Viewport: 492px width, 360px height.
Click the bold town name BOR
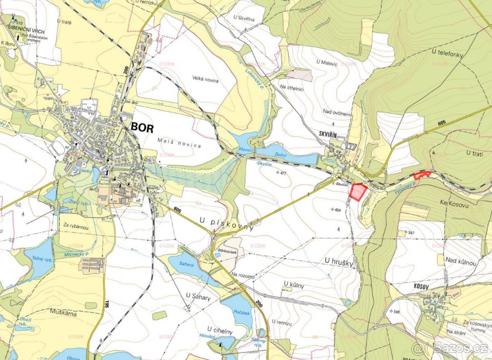coord(142,128)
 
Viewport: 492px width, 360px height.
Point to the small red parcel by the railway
coord(422,175)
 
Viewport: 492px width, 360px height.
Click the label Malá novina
coord(179,146)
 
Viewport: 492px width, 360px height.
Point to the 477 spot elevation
coord(281,173)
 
